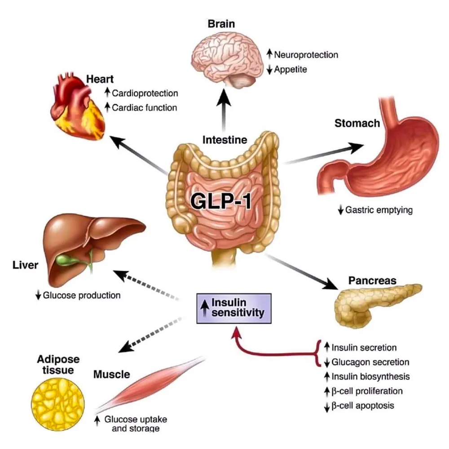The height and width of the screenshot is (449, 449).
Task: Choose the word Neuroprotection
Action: [306, 55]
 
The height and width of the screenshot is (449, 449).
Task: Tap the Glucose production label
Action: [81, 295]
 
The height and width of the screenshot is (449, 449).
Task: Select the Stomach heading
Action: [357, 123]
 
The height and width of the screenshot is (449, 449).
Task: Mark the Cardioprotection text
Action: [145, 93]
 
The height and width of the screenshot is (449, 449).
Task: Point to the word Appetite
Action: [290, 69]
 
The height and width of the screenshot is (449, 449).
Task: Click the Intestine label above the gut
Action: [224, 140]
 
